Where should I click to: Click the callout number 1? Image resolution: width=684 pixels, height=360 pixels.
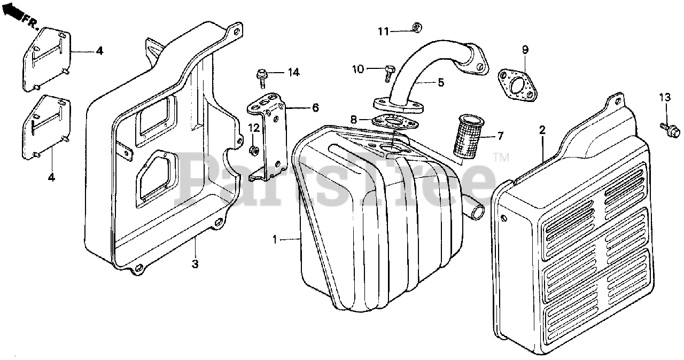point(275,240)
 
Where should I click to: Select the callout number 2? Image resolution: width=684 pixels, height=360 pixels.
point(542,130)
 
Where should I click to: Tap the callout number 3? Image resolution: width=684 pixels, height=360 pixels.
point(196,264)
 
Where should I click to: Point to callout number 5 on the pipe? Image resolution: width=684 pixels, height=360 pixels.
point(441,82)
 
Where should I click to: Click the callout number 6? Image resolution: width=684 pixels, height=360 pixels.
point(315,108)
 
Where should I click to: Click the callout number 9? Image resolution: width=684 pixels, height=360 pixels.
point(525,50)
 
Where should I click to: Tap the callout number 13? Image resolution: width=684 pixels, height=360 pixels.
point(664,98)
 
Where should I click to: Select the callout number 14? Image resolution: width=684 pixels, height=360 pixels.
point(293,72)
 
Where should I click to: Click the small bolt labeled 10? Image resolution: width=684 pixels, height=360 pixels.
point(388,72)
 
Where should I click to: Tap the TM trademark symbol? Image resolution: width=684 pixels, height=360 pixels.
point(502,156)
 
